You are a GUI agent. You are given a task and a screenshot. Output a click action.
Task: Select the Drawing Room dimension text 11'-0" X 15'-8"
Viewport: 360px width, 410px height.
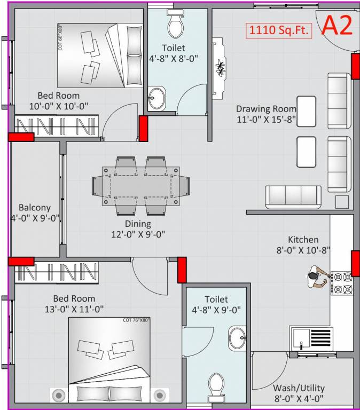[266, 120]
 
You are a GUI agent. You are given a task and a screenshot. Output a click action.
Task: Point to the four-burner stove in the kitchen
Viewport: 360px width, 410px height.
[342, 283]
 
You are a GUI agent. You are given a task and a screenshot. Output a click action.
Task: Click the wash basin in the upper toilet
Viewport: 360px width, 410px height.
[156, 98]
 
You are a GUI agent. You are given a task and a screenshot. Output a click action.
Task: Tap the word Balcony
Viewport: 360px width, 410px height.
[34, 208]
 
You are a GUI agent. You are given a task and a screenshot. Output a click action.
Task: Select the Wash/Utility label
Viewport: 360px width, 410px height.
[298, 388]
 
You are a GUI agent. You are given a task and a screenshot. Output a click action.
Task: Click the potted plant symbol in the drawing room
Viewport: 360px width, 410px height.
[220, 68]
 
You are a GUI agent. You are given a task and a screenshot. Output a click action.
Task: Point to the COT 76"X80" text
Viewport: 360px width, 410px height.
[136, 320]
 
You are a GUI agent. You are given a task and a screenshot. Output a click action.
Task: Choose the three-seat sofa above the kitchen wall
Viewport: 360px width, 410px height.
[293, 196]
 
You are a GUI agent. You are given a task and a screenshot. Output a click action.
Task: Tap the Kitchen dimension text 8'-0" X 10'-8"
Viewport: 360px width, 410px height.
[303, 249]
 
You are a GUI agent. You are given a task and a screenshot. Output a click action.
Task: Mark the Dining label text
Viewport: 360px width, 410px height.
[138, 224]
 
